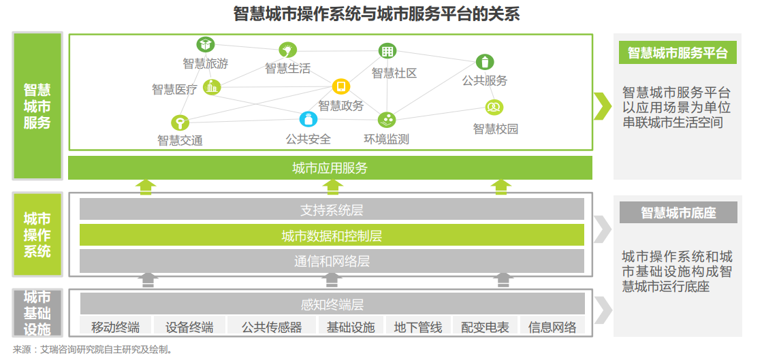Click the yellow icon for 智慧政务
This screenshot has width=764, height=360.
(x=341, y=86)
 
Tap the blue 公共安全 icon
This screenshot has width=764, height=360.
(x=308, y=118)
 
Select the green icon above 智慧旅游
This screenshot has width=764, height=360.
(x=206, y=44)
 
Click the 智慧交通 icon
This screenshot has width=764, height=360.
(x=180, y=122)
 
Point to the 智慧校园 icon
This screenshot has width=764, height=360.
(x=494, y=107)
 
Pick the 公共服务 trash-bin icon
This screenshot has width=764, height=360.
(x=485, y=62)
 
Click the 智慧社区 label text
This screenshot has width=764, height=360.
(x=395, y=73)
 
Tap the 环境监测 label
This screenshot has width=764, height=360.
(x=386, y=140)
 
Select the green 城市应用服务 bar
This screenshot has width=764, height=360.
(x=330, y=168)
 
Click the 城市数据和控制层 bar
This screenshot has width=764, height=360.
(x=332, y=235)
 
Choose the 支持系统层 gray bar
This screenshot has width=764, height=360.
(x=332, y=210)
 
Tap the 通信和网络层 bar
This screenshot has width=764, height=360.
(x=332, y=261)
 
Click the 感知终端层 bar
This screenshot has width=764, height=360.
(x=332, y=304)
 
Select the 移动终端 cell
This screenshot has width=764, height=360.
(x=116, y=327)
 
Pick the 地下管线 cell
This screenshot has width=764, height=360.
(x=418, y=327)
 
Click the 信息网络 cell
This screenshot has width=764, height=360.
(x=552, y=327)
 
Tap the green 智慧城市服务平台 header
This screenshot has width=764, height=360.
(x=678, y=52)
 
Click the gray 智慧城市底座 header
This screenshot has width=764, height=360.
(x=678, y=212)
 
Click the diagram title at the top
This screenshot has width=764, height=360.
(x=377, y=14)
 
